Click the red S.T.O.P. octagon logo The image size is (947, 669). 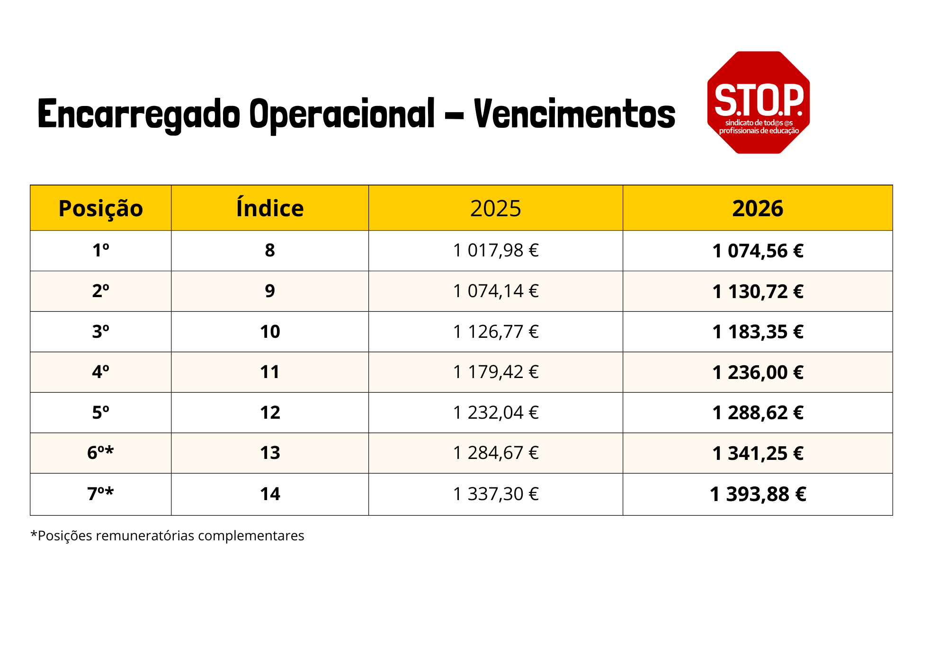[x=758, y=102]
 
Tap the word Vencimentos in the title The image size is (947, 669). [x=574, y=114]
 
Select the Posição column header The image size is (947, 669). [x=100, y=208]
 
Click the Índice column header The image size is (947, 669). [x=270, y=208]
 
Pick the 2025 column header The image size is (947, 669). [x=495, y=208]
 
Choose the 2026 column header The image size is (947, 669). [x=758, y=208]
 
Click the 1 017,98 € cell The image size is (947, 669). [x=496, y=250]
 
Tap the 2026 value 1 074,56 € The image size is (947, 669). [x=758, y=251]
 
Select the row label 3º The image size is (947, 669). [x=100, y=332]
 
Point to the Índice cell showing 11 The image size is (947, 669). [x=270, y=372]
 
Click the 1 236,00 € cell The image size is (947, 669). [x=758, y=372]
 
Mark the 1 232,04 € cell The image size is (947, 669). [x=496, y=413]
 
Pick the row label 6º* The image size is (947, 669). [x=100, y=453]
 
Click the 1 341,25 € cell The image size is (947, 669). [x=758, y=453]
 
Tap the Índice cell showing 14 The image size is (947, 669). [x=270, y=494]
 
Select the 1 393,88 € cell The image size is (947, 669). [x=758, y=494]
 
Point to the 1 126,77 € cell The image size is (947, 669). [x=496, y=332]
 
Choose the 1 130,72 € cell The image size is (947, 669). [x=758, y=291]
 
